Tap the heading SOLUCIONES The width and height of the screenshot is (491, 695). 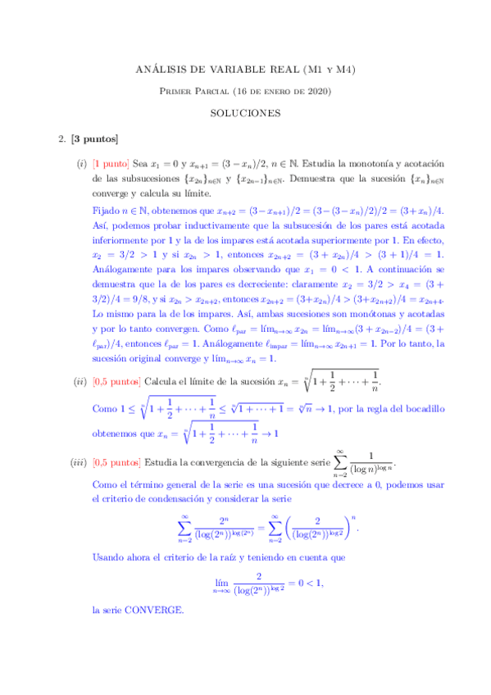click(245, 113)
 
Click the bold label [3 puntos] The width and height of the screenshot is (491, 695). click(95, 138)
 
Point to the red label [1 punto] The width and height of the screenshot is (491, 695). click(114, 164)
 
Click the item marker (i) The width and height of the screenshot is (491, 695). click(81, 164)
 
